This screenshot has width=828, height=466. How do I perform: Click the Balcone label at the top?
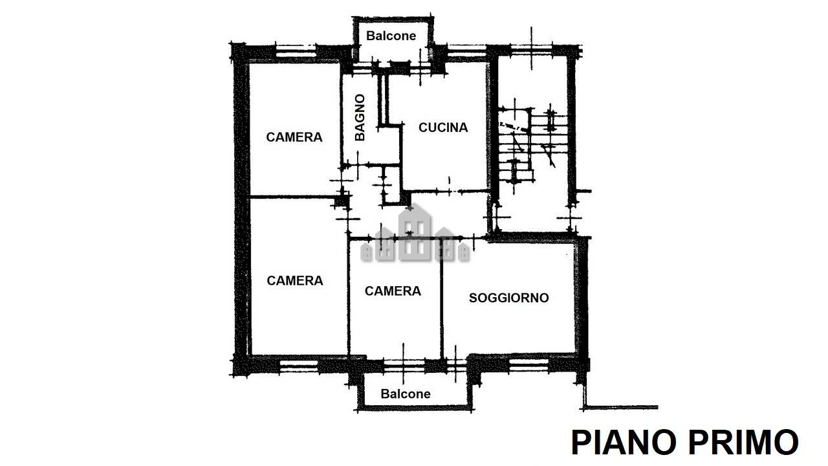[391, 36]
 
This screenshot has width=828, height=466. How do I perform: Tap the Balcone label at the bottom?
[406, 394]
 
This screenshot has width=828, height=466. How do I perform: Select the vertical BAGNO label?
[360, 117]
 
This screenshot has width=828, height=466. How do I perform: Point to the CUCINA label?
[443, 128]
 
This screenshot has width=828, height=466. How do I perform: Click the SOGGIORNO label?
[508, 298]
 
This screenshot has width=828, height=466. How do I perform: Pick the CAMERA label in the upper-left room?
[294, 137]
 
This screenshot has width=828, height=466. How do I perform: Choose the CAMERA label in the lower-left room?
[295, 281]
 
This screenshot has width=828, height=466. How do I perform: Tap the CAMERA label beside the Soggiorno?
[393, 291]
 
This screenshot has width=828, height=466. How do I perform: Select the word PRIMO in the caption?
[743, 442]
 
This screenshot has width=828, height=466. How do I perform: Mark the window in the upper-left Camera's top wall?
[296, 50]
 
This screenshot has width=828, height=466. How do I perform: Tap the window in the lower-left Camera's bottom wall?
[299, 366]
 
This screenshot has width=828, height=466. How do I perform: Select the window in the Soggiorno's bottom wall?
[529, 366]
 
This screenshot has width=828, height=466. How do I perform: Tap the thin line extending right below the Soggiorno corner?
[621, 407]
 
